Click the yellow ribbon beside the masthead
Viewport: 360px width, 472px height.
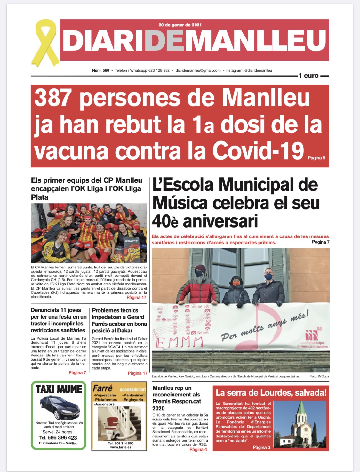click(x=45, y=42)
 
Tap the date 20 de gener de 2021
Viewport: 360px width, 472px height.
click(x=180, y=25)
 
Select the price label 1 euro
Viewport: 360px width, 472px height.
click(x=308, y=76)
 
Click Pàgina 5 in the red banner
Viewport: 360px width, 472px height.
click(x=316, y=158)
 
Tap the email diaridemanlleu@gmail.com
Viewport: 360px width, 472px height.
click(x=198, y=70)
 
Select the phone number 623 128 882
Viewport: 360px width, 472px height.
click(x=159, y=70)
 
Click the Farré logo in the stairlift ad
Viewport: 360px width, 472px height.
click(x=103, y=388)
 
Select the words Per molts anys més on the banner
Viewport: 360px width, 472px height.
click(x=264, y=325)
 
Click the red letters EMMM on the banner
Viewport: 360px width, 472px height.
click(x=179, y=342)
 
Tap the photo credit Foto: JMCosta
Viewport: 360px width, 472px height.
click(x=319, y=376)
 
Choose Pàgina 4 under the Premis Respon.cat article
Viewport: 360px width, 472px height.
click(x=198, y=449)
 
